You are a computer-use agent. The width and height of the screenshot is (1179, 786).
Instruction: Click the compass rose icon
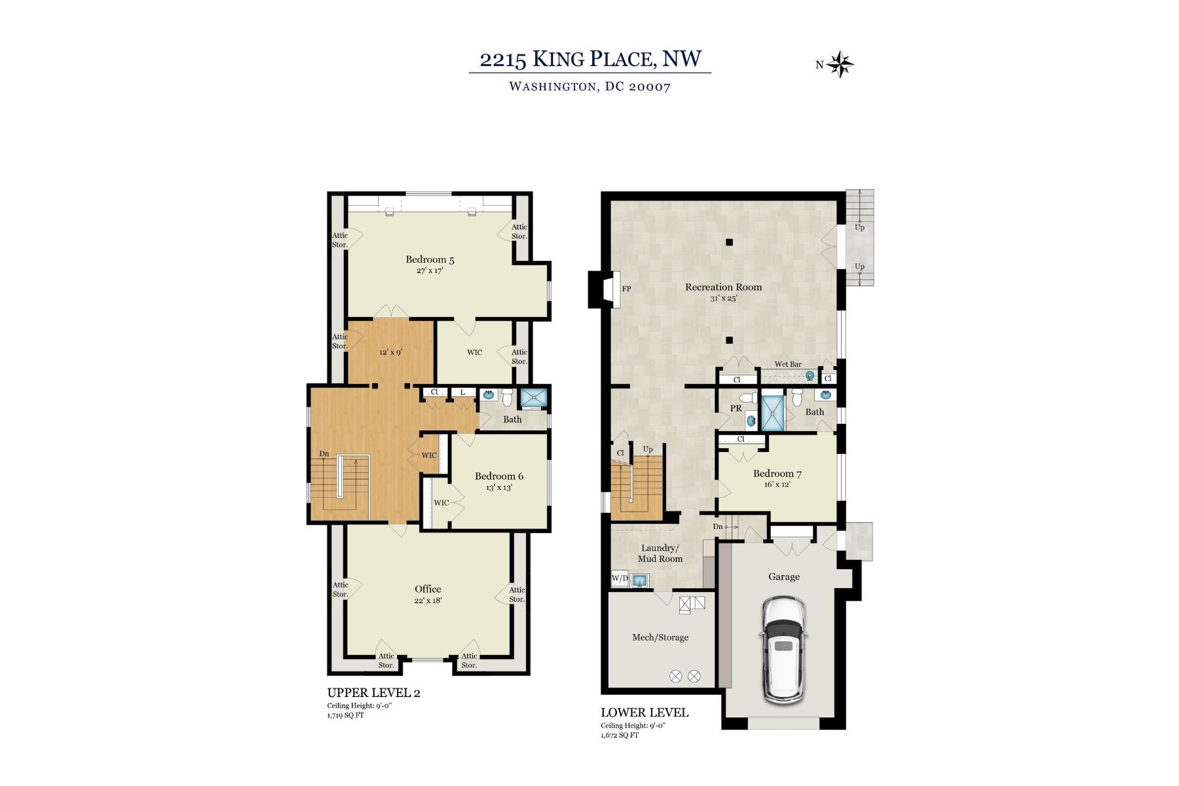coord(840,65)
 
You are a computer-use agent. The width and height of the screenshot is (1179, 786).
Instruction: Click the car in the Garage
coord(783,649)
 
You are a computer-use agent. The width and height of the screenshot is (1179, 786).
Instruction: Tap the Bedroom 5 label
coord(430,260)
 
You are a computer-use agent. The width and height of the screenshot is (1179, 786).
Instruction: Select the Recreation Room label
coord(723,287)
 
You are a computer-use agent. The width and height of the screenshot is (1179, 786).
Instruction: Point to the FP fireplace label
coord(626,289)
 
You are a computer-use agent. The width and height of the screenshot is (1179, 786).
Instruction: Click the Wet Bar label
coord(788,364)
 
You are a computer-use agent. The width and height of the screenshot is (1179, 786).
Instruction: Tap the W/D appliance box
coord(620,579)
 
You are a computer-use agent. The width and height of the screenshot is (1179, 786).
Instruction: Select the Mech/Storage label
coord(660,637)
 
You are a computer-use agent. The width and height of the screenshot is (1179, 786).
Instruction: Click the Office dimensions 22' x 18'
coord(428,601)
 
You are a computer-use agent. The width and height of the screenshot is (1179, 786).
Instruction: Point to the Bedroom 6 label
coord(499,476)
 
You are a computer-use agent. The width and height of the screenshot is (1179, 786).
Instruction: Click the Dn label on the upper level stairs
coord(324,453)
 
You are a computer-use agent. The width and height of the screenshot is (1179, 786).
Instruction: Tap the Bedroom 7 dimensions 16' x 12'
coord(777,485)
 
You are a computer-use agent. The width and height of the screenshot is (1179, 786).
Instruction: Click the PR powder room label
coord(736,408)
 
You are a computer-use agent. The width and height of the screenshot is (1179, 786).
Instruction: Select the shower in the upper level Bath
coord(533,398)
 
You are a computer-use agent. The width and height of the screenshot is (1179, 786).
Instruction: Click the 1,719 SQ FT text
coord(345,715)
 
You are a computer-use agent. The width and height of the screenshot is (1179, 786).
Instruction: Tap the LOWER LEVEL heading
coord(645,713)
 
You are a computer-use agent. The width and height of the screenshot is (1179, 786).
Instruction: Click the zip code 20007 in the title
coord(650,87)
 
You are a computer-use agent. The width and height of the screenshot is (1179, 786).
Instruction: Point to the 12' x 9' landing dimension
coord(390,352)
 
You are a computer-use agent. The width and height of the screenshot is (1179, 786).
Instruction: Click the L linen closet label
coord(462,392)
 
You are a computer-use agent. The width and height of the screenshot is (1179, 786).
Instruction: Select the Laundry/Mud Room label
coord(660,553)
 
